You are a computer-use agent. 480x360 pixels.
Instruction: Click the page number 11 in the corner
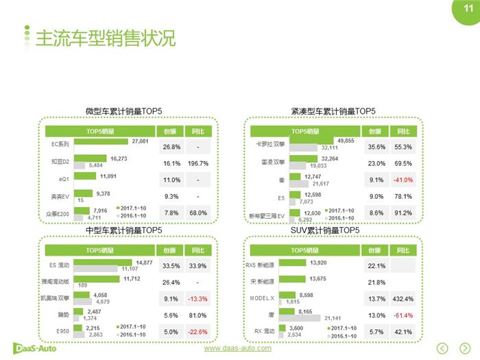tap(470, 8)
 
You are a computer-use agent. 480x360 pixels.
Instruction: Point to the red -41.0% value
tap(403, 180)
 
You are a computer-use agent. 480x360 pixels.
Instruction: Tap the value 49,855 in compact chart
tap(346, 141)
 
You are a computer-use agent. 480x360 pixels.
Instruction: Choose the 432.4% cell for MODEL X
tap(403, 300)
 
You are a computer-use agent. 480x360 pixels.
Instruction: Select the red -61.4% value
tap(403, 315)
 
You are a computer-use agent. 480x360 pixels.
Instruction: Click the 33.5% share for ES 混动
tap(170, 265)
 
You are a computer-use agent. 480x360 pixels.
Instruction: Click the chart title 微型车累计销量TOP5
tap(123, 111)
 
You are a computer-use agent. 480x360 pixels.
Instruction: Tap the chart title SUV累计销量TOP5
tap(325, 230)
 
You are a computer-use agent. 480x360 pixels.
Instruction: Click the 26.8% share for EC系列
tap(170, 147)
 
